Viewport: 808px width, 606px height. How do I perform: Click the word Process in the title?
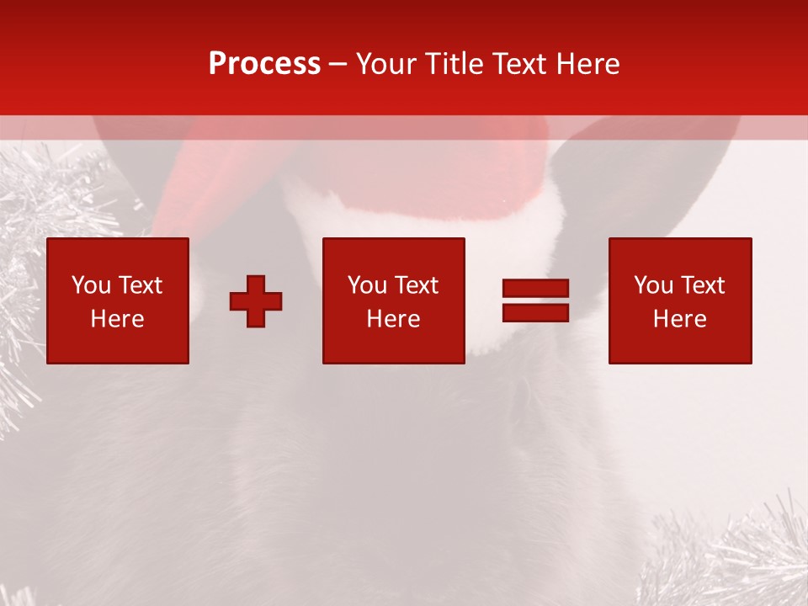pyautogui.click(x=264, y=64)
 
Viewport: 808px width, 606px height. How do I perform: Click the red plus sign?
pyautogui.click(x=256, y=301)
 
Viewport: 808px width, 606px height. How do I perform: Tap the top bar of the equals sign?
pyautogui.click(x=535, y=289)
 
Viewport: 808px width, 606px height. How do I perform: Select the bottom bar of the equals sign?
pyautogui.click(x=535, y=313)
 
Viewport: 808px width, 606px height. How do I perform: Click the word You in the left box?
pyautogui.click(x=92, y=285)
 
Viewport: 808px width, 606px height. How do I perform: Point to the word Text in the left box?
pyautogui.click(x=140, y=285)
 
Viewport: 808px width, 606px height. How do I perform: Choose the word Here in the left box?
pyautogui.click(x=117, y=319)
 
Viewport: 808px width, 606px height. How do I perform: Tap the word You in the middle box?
pyautogui.click(x=368, y=285)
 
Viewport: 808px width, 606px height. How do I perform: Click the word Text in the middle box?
pyautogui.click(x=416, y=285)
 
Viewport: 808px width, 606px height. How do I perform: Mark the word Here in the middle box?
pyautogui.click(x=393, y=319)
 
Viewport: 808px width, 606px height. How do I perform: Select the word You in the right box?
pyautogui.click(x=654, y=285)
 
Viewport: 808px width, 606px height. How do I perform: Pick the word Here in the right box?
pyautogui.click(x=679, y=319)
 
